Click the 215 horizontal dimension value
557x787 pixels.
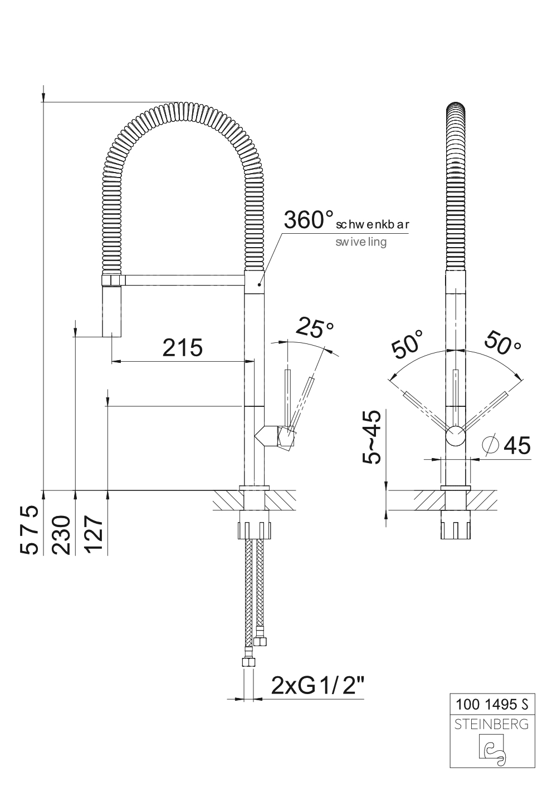pos(183,347)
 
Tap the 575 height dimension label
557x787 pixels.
pos(29,529)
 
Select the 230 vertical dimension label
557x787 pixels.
pos(61,535)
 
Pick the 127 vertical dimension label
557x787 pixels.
pos(94,535)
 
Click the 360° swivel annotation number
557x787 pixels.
pos(309,220)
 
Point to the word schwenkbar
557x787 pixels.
pos(373,224)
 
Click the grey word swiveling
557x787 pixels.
pos(361,242)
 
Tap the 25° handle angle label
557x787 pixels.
pos(314,327)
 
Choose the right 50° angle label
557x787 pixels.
pos(502,342)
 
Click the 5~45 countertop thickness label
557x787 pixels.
pos(372,437)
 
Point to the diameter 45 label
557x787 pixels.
pos(507,445)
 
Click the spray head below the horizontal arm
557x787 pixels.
pos(112,311)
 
